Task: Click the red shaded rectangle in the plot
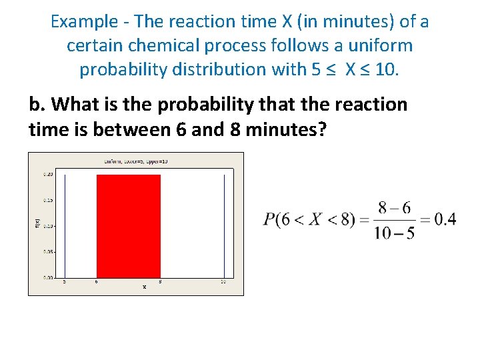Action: [129, 225]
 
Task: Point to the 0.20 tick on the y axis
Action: [49, 174]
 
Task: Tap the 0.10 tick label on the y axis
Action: [49, 226]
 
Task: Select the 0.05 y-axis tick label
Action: [49, 252]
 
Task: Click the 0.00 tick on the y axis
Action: [49, 277]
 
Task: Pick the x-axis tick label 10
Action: [223, 282]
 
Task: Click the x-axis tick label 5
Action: [65, 282]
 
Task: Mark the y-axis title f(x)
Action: [37, 225]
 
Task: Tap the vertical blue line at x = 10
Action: [224, 225]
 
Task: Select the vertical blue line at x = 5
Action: [65, 225]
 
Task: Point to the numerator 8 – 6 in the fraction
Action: [394, 207]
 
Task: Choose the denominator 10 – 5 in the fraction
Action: [394, 233]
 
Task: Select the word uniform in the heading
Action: [382, 46]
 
